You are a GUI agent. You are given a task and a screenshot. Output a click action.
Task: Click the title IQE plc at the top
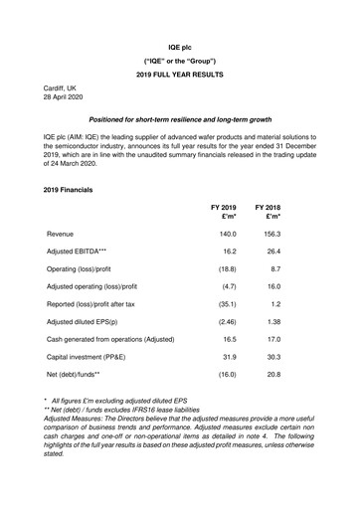tap(180, 34)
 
